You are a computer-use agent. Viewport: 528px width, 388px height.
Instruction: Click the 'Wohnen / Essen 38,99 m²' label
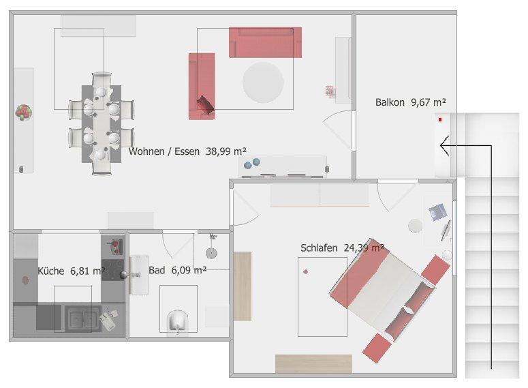click(x=187, y=151)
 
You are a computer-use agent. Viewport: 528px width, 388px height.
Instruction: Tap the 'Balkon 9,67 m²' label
click(x=410, y=102)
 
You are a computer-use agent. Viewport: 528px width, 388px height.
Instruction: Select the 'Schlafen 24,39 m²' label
click(x=342, y=248)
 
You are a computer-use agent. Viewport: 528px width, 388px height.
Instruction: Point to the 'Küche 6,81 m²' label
click(x=71, y=271)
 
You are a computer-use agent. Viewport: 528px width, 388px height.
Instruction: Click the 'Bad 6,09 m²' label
click(x=177, y=270)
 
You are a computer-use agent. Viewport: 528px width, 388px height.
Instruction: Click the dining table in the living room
click(x=101, y=124)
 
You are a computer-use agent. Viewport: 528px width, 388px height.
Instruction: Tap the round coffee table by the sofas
click(x=263, y=83)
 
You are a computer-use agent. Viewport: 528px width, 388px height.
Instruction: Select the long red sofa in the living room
click(x=265, y=42)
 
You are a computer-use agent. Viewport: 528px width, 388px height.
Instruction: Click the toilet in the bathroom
click(x=177, y=321)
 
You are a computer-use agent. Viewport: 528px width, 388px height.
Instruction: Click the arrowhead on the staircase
click(x=444, y=145)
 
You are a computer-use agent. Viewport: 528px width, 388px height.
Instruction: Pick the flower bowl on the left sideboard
click(x=24, y=112)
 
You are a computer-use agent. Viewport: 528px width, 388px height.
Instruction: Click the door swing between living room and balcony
click(x=339, y=130)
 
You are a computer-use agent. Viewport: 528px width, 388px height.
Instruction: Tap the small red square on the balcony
click(x=441, y=120)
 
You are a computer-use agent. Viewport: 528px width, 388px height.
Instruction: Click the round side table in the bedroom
click(x=415, y=226)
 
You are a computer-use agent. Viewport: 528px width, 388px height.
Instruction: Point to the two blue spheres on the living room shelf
click(x=252, y=164)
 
